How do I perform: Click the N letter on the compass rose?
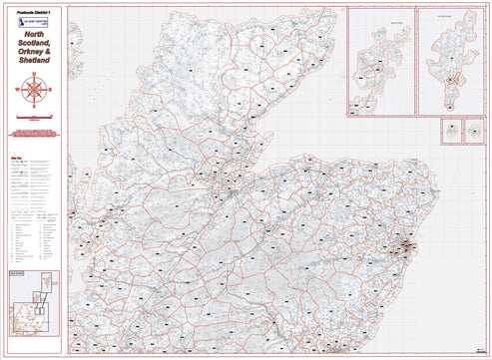(x=35, y=76)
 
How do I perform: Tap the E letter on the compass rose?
(x=50, y=90)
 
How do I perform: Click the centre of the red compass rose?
(x=35, y=90)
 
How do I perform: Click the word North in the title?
(x=35, y=35)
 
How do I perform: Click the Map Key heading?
(x=16, y=155)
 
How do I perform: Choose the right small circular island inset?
(x=473, y=130)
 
